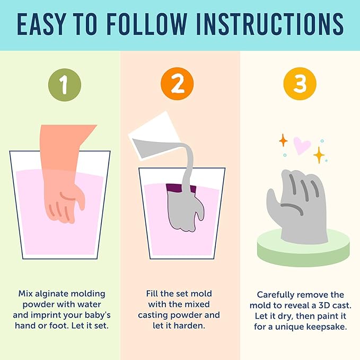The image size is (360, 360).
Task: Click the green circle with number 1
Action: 65,85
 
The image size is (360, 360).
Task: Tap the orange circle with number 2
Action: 177,84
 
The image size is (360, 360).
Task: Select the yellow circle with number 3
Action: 300,84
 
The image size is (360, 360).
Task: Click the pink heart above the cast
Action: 302,146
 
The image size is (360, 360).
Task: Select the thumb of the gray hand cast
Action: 273,201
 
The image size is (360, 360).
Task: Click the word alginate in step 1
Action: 53,294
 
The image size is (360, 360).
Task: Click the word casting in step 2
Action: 152,315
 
